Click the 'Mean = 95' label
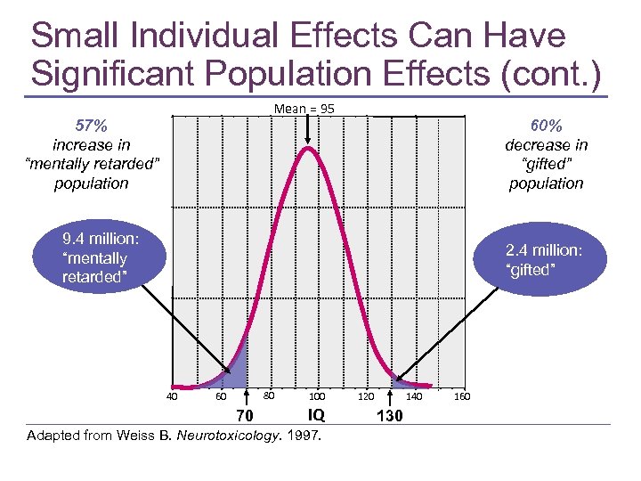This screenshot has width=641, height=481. coord(304,109)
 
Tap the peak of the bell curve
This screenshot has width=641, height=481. coord(307,148)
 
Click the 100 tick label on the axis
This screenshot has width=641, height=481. coord(316,396)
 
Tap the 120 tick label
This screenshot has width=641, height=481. coord(365,396)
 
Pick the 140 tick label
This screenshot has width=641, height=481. coord(414,396)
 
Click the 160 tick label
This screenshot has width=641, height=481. coord(462,396)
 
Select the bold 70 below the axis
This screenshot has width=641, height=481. coord(246,416)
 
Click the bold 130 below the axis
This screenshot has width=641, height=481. coord(390,416)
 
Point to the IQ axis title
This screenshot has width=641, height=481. coord(315,415)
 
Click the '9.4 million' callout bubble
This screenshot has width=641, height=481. coord(95,257)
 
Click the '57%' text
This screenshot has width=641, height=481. coord(91,126)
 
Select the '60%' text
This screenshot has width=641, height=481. coord(546,126)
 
